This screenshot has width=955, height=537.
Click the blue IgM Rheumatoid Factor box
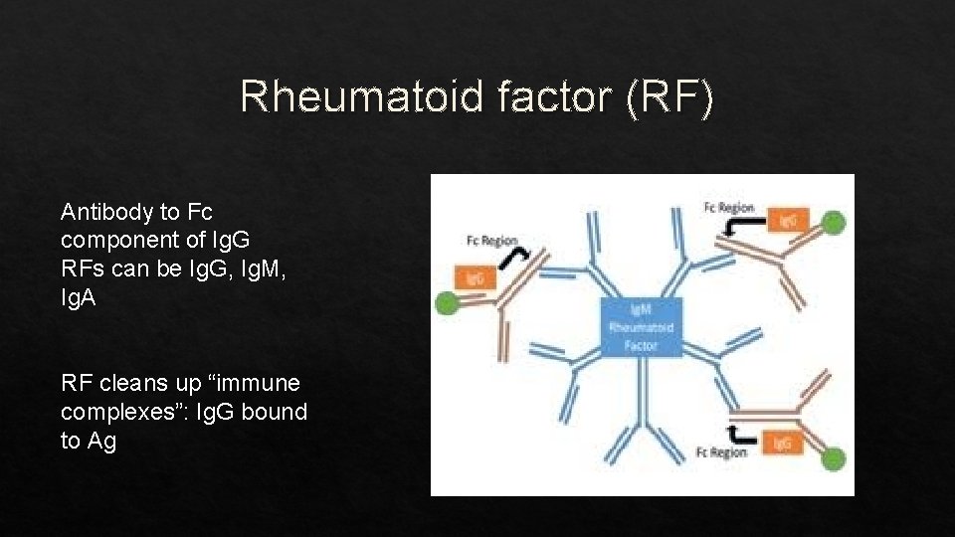[x=641, y=327]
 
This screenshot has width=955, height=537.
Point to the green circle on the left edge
[x=447, y=304]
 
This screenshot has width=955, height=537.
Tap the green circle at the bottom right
[x=833, y=458]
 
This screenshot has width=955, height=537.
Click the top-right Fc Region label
[x=729, y=207]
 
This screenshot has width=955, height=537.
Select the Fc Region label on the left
[x=491, y=241]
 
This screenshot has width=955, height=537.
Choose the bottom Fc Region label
[x=722, y=453]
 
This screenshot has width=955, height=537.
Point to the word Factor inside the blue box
[x=641, y=345]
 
